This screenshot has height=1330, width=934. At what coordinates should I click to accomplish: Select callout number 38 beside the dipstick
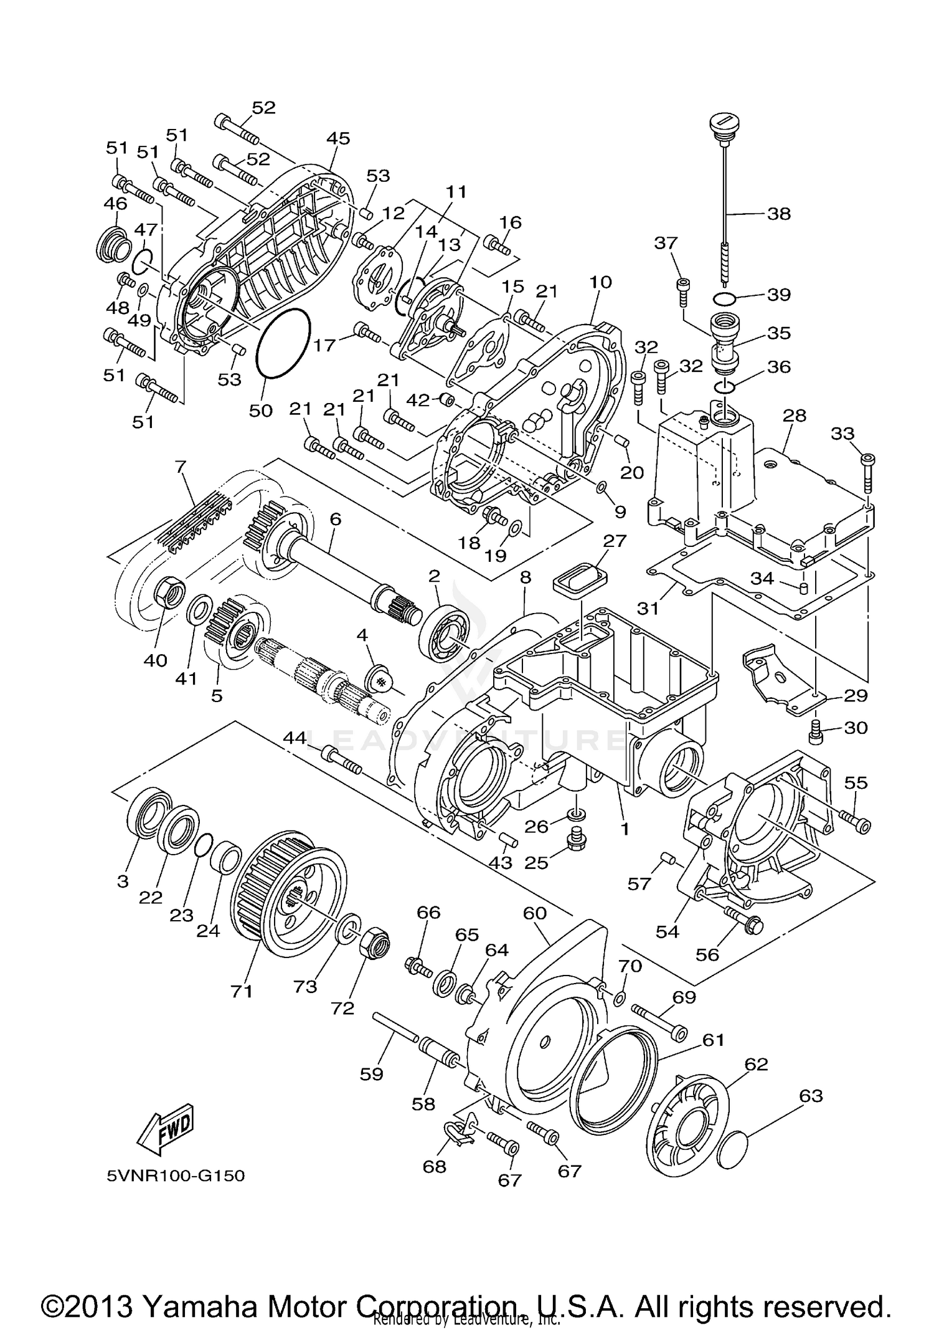pos(779,214)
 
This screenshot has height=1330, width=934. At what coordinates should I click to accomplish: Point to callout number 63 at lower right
pos(811,1096)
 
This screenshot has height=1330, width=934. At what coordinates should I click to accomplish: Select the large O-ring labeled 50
pos(283,344)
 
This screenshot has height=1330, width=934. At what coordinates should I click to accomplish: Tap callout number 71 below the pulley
pos(242,991)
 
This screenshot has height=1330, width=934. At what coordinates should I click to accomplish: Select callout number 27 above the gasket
pos(614,540)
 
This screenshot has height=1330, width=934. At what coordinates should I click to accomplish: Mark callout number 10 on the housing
pos(600,282)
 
